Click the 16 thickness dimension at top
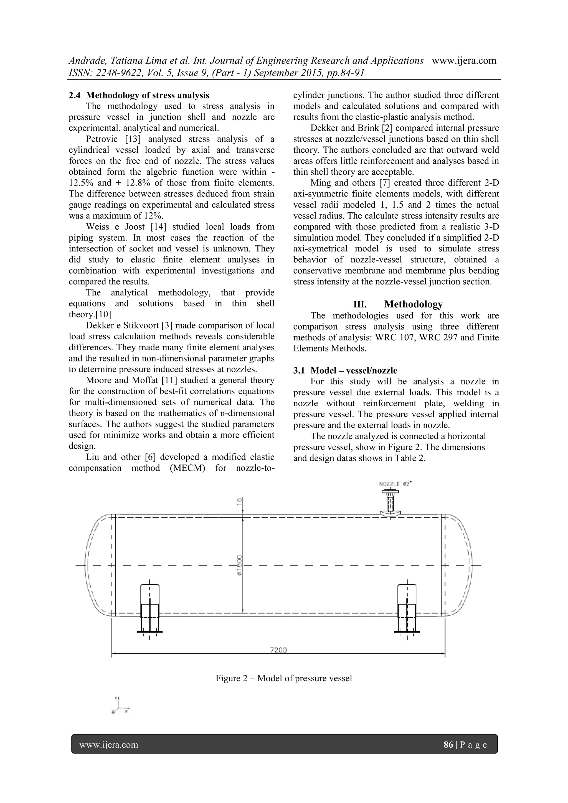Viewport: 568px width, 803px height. pos(239,502)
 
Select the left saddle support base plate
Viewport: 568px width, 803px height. pos(149,632)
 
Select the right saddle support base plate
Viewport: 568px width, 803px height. pos(407,632)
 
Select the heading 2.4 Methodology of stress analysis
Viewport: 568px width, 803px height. pos(139,95)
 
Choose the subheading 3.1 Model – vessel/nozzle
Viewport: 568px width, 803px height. pos(345,370)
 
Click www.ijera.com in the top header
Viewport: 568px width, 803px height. pos(464,60)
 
